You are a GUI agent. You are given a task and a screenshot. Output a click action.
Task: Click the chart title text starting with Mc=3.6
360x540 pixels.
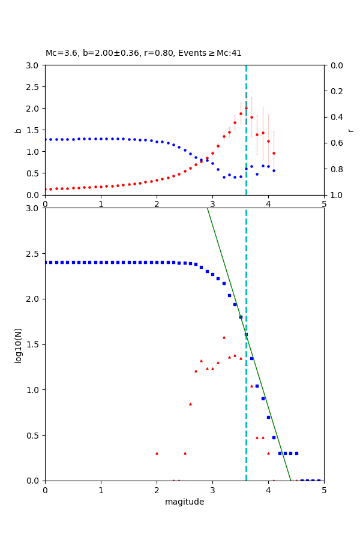coord(143,53)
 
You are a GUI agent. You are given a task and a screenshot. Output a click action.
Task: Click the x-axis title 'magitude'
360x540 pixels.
coord(184,502)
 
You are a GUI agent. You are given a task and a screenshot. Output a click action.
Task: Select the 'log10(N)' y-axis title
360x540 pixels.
coord(18,344)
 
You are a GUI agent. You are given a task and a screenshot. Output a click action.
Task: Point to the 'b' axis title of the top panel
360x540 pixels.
coord(18,130)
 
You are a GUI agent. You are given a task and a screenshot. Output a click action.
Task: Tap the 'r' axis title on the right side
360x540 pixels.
coord(350,130)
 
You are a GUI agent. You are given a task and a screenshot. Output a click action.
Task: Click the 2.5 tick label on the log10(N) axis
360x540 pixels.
coord(32,253)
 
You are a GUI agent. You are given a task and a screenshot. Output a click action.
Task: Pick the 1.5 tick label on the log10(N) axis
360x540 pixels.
coord(32,344)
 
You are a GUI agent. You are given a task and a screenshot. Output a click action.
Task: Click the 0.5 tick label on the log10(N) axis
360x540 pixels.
coord(32,435)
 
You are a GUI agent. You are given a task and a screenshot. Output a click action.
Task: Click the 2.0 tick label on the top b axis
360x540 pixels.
coord(32,109)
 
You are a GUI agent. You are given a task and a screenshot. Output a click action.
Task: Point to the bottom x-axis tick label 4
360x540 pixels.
coord(268,490)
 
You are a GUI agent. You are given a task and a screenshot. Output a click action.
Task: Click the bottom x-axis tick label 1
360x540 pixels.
coord(101,490)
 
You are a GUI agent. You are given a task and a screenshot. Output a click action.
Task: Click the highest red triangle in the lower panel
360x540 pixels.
coord(224,337)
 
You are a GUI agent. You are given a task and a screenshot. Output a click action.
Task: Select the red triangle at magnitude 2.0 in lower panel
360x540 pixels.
coord(157,453)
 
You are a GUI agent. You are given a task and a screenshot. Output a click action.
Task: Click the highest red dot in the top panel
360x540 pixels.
coord(246,109)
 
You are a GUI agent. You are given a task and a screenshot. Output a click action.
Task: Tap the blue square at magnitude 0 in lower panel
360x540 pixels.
coord(46,262)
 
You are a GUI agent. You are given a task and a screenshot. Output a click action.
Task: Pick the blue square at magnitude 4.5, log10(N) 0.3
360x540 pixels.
coord(296,453)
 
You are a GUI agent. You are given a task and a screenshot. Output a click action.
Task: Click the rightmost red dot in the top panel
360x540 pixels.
coord(274,153)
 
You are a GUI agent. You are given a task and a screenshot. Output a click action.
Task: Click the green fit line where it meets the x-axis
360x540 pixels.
coord(290,480)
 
